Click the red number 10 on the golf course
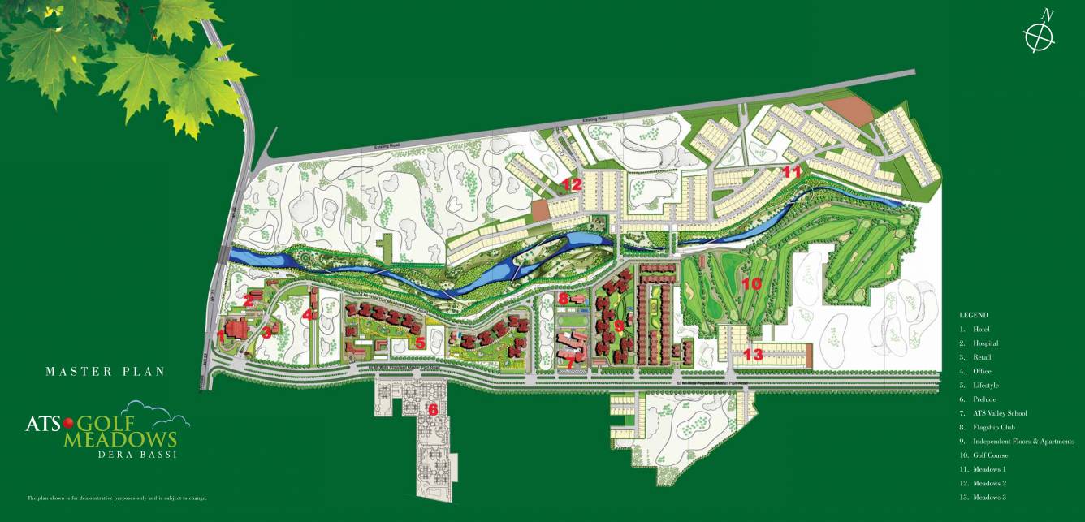[751, 284]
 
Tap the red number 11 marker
[792, 171]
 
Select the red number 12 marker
[572, 184]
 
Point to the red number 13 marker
[753, 354]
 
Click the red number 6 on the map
[433, 409]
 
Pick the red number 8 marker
[563, 298]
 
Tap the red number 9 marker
[619, 326]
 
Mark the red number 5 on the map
[420, 343]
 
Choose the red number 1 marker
[221, 334]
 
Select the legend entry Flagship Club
[988, 427]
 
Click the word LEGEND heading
[973, 314]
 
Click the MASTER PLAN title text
[106, 372]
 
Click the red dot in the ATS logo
[68, 421]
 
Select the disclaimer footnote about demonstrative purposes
[116, 498]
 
